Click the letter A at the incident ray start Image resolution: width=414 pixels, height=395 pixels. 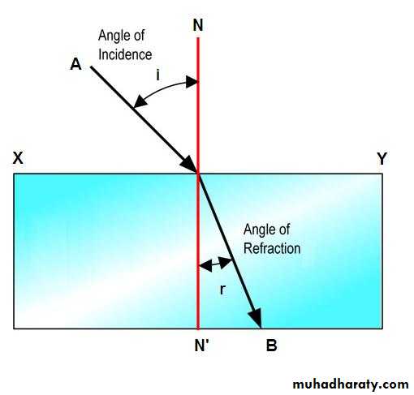[75, 65]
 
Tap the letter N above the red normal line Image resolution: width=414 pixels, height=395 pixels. [198, 25]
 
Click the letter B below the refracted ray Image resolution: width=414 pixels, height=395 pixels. [272, 346]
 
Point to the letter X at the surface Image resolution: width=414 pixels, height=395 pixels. [18, 158]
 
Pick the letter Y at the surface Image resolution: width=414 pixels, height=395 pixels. [382, 158]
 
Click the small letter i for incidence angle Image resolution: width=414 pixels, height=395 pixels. [157, 75]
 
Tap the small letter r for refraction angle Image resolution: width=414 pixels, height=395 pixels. [222, 290]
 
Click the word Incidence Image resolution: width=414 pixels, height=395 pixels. [125, 54]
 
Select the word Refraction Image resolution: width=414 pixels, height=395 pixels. [272, 248]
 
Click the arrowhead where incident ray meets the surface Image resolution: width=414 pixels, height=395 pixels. [189, 164]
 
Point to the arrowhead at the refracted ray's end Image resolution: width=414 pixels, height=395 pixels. [256, 317]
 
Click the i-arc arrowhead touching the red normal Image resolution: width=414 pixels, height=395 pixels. [192, 82]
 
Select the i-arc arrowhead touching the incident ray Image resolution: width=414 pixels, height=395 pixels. [141, 101]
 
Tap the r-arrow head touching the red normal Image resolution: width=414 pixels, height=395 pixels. [205, 266]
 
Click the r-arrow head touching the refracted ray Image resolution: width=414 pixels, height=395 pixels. [225, 262]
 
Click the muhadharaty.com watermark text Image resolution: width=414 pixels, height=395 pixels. [351, 384]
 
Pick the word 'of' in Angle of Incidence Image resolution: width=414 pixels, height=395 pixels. [139, 36]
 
